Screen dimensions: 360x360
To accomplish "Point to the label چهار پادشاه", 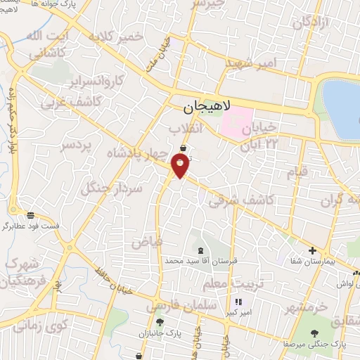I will (138, 152).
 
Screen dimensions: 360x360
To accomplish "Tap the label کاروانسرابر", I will (103, 77).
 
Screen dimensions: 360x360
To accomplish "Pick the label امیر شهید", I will (252, 63).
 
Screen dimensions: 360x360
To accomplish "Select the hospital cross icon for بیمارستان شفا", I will (312, 250).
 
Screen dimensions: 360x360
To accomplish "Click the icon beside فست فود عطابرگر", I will (30, 214).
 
